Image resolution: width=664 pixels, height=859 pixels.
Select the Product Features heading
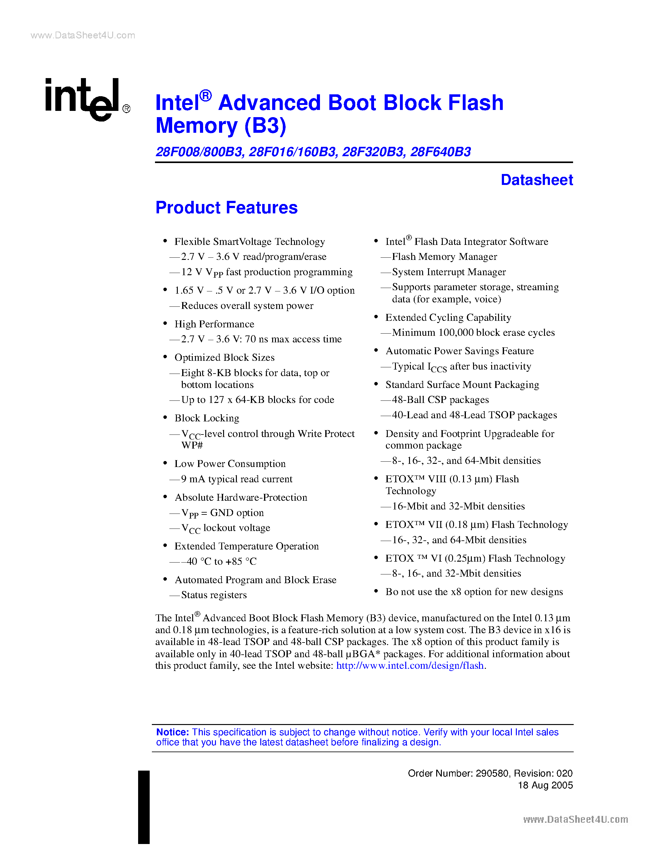pos(227,208)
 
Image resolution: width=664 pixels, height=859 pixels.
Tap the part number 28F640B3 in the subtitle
pos(440,152)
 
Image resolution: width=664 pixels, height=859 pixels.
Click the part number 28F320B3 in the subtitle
pos(373,152)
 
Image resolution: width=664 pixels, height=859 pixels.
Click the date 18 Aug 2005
pos(545,786)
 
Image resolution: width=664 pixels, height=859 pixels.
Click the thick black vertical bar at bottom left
pos(144,807)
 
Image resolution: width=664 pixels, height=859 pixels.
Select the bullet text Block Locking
pos(207,418)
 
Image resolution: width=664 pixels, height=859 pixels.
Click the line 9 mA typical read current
pos(237,479)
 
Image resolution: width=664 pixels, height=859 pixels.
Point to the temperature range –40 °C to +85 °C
pos(222,561)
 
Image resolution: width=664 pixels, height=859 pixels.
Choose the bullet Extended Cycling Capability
pos(448,317)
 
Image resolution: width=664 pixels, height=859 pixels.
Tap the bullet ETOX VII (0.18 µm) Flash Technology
pos(477,525)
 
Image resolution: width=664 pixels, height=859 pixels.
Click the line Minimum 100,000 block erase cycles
pos(473,333)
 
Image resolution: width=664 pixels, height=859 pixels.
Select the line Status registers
pos(214,595)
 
